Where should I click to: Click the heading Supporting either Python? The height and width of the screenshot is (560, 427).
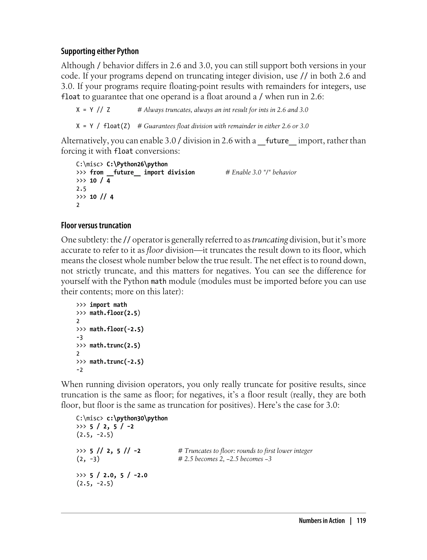point(100,51)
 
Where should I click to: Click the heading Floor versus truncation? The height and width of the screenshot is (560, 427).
point(96,226)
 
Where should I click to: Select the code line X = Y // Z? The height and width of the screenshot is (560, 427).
point(93,110)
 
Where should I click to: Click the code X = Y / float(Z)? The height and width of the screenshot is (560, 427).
point(103,126)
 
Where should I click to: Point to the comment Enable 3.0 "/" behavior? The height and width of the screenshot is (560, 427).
point(261,172)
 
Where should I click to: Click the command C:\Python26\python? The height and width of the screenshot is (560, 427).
point(137,164)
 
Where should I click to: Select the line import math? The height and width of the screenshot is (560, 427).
point(108,305)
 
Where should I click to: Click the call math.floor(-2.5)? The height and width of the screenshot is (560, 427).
point(117,329)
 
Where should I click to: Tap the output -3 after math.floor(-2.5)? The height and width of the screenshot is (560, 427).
point(80,337)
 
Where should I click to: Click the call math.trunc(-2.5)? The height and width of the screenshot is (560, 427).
point(117,362)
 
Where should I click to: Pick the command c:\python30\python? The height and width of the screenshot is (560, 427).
point(137,418)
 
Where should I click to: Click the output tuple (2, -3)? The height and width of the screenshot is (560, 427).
point(88,459)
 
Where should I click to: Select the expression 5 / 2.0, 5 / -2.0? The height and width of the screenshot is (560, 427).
point(118,475)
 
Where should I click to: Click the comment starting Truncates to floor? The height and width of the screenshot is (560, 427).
point(245,451)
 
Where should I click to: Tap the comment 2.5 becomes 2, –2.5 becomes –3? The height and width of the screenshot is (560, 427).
point(225,459)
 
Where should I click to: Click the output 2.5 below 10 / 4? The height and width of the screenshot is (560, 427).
point(81,189)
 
